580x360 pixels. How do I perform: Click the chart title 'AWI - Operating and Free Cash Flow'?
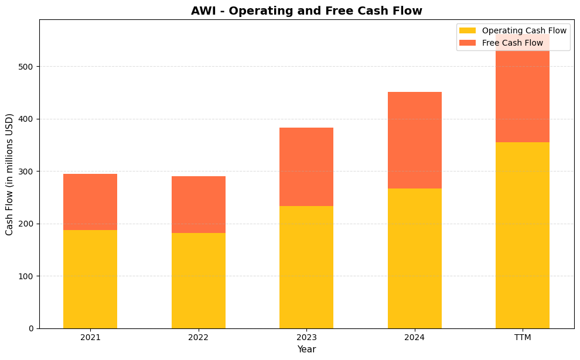tap(306, 11)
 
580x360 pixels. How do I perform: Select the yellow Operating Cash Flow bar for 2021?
tap(90, 279)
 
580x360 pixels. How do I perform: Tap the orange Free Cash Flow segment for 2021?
tap(90, 202)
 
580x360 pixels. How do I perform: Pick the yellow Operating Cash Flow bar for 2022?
tap(198, 280)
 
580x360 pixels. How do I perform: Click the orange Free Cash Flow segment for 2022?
tap(198, 204)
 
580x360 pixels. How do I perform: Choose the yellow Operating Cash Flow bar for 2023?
tap(306, 267)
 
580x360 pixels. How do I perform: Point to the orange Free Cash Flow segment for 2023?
tap(306, 167)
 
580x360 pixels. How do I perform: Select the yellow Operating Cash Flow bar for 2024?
tap(414, 258)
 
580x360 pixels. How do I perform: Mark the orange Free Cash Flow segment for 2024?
tap(414, 140)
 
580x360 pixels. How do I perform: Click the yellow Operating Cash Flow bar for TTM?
tap(522, 235)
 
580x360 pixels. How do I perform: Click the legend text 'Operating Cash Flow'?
tap(524, 30)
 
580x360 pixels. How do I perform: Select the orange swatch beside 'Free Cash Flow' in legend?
tap(468, 43)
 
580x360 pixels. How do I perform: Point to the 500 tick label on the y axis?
tap(26, 67)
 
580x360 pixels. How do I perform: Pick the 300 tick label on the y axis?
tap(26, 172)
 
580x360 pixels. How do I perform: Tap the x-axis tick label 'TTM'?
tap(522, 338)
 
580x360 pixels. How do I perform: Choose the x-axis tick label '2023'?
tap(306, 338)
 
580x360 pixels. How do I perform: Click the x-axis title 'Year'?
tap(306, 349)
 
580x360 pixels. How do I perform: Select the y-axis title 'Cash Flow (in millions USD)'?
tap(10, 174)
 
